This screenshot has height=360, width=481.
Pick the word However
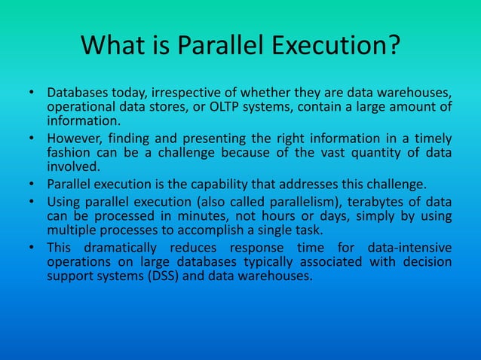click(x=76, y=139)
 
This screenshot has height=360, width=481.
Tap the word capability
click(x=236, y=185)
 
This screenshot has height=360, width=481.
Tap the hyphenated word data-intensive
click(x=410, y=248)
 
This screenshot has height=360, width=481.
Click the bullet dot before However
click(x=32, y=139)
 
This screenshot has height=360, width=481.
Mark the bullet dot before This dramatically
click(x=32, y=248)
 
